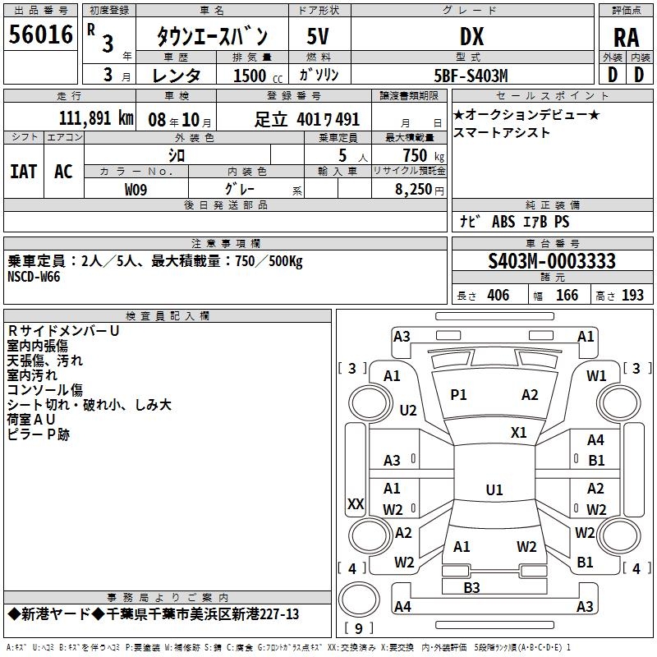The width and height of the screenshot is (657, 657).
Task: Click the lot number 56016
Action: pos(40,34)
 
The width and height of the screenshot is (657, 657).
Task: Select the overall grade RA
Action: pos(626,38)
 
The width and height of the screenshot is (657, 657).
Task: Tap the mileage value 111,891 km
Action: pos(96,118)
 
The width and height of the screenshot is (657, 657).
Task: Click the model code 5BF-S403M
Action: pos(471,76)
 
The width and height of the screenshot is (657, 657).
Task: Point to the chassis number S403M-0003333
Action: pos(552,261)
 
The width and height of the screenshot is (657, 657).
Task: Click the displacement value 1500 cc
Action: pos(258,76)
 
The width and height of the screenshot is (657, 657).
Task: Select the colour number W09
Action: pos(136,190)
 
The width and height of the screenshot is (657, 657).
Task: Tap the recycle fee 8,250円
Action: pos(420,190)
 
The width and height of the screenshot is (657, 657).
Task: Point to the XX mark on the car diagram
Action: pos(356,503)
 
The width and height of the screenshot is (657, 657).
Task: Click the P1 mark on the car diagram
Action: pos(458,395)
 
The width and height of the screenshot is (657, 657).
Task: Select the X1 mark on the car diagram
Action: pos(518,432)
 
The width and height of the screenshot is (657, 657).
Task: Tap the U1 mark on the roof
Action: pos(494,489)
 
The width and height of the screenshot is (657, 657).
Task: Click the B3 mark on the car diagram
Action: pos(471,587)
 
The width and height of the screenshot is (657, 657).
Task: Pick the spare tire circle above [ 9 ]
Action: pos(359,599)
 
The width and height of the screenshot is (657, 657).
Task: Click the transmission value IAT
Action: pos(24,172)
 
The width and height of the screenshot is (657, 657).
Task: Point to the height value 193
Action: pos(632,296)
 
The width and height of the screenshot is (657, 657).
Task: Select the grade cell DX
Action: pos(471,36)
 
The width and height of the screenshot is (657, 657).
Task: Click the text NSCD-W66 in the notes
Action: pos(34,277)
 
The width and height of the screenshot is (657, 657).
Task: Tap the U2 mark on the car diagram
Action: pos(407,410)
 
